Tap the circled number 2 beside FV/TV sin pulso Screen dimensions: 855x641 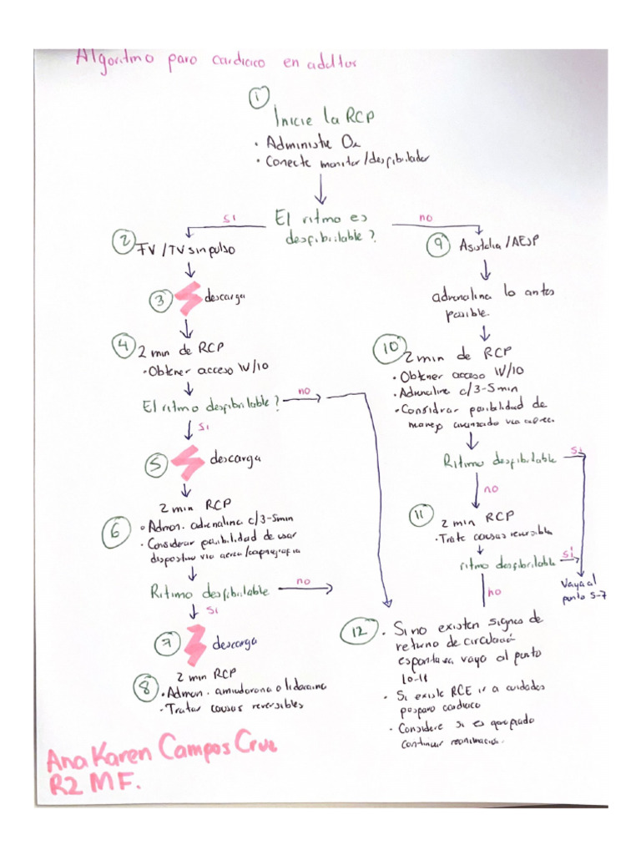(x=124, y=243)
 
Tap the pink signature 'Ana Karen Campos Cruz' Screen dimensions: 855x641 (x=161, y=749)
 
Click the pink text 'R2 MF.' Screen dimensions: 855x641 (x=93, y=783)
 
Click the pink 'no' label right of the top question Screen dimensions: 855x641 (x=426, y=217)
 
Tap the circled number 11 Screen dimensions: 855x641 (x=418, y=515)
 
